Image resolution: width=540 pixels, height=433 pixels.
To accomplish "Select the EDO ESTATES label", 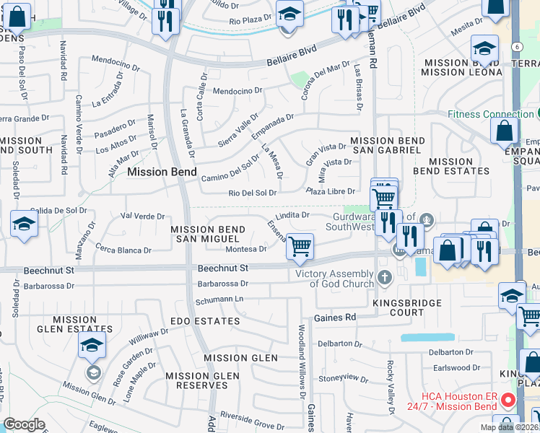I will (205, 320).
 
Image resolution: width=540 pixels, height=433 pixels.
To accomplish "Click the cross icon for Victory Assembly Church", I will (385, 276).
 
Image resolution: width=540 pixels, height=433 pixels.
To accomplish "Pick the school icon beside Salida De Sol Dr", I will (24, 224).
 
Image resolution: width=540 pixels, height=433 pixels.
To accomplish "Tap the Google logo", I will (25, 424).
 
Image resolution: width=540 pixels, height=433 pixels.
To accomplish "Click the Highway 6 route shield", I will (518, 46).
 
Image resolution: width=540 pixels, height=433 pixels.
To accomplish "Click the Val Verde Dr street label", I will (143, 216).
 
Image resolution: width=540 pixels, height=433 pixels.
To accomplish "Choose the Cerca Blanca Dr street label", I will (123, 250).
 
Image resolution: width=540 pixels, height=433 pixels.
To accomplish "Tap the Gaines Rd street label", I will (334, 318).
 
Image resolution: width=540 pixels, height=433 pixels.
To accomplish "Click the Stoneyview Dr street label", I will (344, 377).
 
